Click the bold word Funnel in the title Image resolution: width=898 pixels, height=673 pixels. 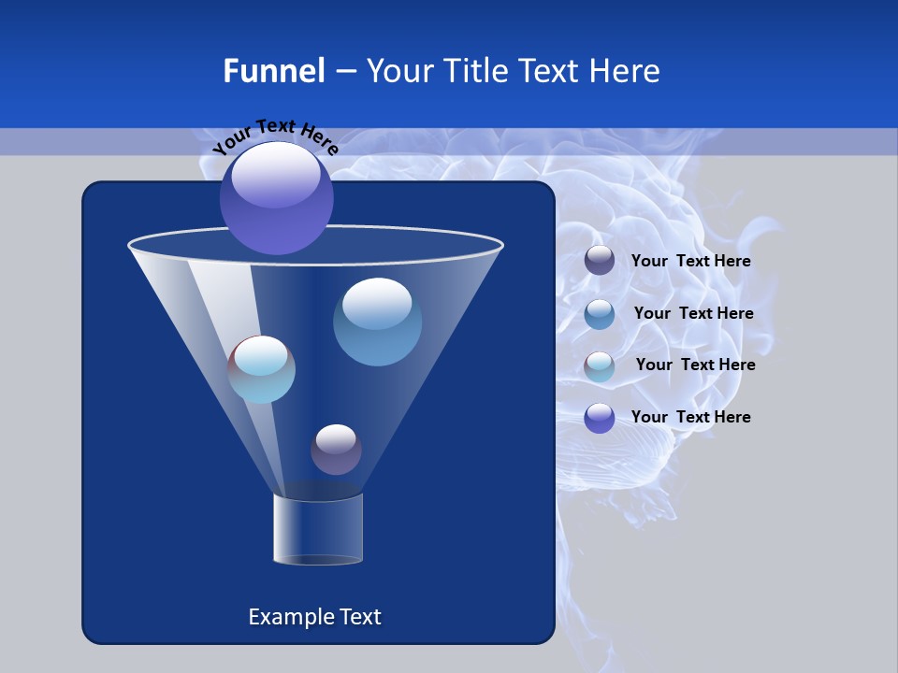[273, 71]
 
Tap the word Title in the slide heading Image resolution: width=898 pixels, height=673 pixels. [475, 71]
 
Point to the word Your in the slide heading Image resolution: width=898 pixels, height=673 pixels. [398, 71]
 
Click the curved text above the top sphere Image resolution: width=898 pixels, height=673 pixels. [275, 136]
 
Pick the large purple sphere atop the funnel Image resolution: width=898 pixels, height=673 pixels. [277, 198]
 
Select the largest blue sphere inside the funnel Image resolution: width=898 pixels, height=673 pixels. [377, 322]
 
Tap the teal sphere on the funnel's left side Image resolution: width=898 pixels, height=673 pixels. [262, 369]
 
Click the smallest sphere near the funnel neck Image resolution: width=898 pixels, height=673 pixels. [336, 449]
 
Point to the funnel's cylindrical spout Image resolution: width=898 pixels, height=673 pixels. [318, 529]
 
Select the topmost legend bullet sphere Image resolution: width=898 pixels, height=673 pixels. [600, 261]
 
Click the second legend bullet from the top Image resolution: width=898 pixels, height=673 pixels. [600, 314]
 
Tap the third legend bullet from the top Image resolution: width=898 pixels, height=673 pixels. [600, 366]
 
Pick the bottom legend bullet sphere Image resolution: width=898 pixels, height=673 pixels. [600, 418]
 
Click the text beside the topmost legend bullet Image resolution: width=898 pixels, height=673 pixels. [690, 262]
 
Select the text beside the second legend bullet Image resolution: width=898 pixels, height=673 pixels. [693, 314]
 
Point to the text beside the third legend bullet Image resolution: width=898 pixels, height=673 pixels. [695, 365]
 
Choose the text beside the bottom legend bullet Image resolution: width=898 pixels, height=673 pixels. [690, 418]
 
